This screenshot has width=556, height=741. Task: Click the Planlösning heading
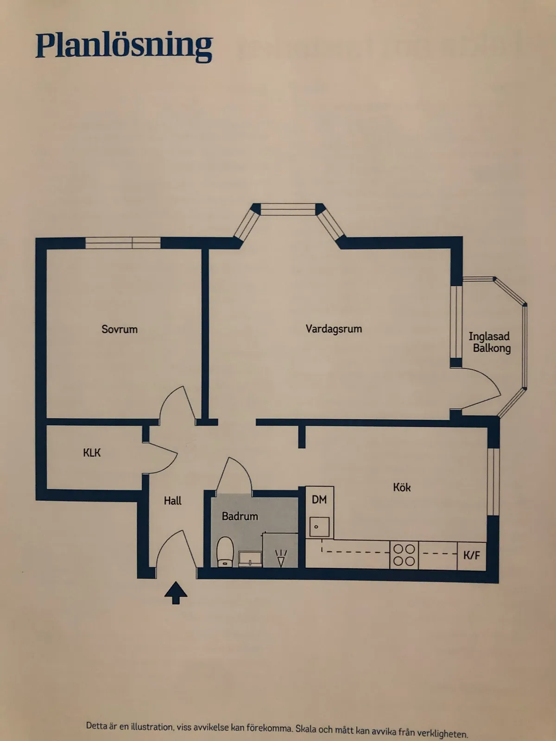coord(124,46)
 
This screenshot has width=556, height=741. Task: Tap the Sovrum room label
coord(120,329)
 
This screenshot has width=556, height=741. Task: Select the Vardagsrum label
coord(334,329)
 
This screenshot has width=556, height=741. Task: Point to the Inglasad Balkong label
coord(490,342)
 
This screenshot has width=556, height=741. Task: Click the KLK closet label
coord(92,452)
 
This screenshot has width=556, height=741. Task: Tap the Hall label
coord(172,501)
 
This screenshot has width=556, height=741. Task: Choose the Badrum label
coord(240,516)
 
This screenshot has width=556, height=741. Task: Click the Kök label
coord(402,487)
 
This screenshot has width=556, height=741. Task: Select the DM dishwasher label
coord(319,499)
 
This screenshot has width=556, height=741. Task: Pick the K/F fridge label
coord(472,555)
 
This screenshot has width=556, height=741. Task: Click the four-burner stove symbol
coord(404,555)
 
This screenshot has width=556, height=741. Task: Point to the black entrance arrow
coord(176,593)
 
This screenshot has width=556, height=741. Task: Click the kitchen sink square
coord(320,527)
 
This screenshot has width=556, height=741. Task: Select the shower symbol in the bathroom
coord(281,558)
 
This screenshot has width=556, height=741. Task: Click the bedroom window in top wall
coord(123,243)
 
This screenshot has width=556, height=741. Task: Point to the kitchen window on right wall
coord(493,482)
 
